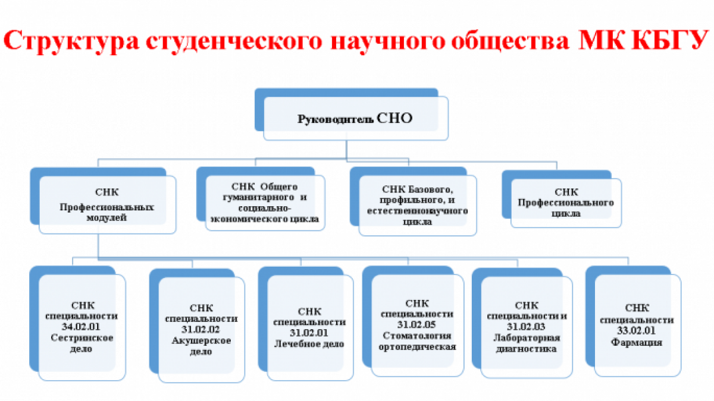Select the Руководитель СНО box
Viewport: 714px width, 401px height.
click(x=352, y=114)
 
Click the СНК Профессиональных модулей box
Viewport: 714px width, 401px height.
click(x=103, y=201)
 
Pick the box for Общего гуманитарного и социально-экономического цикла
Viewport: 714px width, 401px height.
click(x=261, y=198)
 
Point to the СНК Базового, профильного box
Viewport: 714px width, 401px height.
click(x=414, y=201)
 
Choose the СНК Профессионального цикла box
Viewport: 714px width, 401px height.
click(x=562, y=199)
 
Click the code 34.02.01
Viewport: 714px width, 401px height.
click(x=82, y=327)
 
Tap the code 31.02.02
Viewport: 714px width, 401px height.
click(x=201, y=329)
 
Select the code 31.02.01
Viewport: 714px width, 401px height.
click(x=309, y=333)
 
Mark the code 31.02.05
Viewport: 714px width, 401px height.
click(x=416, y=324)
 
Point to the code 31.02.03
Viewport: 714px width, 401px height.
click(x=526, y=327)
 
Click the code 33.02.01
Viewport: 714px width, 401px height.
click(x=636, y=331)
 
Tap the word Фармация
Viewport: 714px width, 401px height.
click(x=637, y=342)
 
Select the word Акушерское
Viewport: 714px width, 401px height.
click(x=201, y=341)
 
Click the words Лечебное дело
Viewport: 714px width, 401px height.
click(x=309, y=344)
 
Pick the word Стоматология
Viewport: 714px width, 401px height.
click(x=417, y=336)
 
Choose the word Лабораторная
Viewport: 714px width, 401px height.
click(x=527, y=337)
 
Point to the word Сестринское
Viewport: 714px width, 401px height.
click(x=82, y=338)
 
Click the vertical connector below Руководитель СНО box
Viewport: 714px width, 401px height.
click(x=346, y=150)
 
